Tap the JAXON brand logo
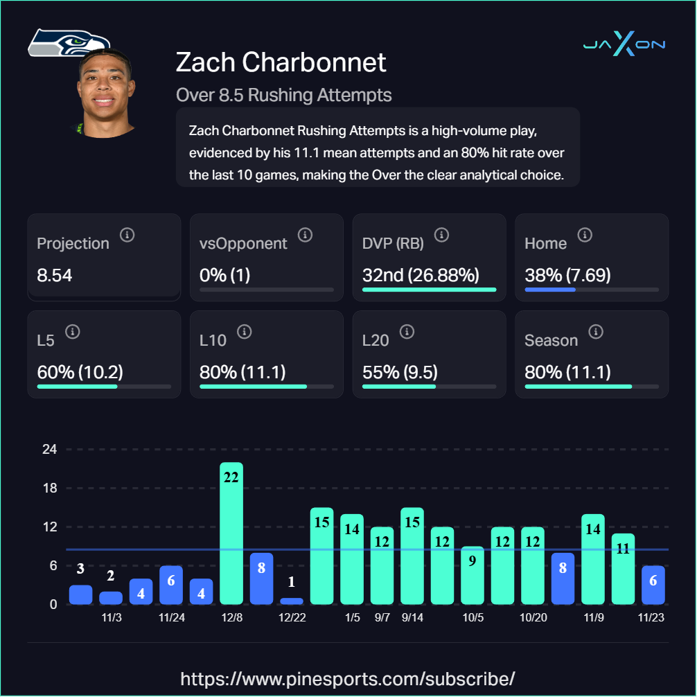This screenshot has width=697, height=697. [624, 45]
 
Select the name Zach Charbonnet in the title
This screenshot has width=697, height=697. [281, 62]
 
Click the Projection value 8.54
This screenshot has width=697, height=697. [55, 276]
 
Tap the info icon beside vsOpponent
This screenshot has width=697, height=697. [305, 235]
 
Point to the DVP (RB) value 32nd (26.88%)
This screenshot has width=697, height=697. [421, 276]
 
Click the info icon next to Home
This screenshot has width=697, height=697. [585, 235]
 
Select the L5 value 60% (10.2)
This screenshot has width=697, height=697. [80, 372]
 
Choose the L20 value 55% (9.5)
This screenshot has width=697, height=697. [400, 372]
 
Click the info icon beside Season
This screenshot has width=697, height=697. [595, 332]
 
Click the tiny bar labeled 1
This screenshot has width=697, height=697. [292, 601]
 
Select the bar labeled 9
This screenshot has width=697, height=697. [473, 575]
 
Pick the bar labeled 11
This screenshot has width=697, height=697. [623, 568]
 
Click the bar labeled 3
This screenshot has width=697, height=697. [80, 594]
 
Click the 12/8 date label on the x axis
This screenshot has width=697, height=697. [231, 617]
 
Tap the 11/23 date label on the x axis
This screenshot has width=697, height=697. [653, 617]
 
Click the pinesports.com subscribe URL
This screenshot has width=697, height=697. [348, 678]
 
